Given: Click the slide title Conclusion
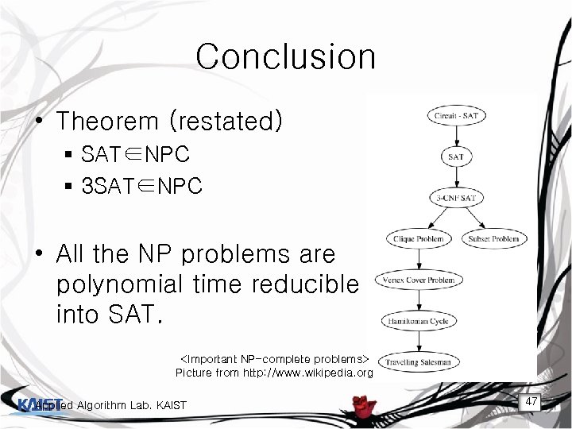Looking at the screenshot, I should pyautogui.click(x=285, y=56).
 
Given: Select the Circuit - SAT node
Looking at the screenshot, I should pyautogui.click(x=456, y=116).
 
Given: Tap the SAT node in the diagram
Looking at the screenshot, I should pyautogui.click(x=456, y=157).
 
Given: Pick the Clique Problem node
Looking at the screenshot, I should pyautogui.click(x=419, y=238).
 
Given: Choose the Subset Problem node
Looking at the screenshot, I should pyautogui.click(x=493, y=238).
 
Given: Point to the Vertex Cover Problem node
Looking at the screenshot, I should pyautogui.click(x=419, y=280).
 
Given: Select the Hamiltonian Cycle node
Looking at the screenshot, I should pyautogui.click(x=419, y=321).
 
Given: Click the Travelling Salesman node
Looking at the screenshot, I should pyautogui.click(x=419, y=362).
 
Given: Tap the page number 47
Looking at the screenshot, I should pyautogui.click(x=531, y=402).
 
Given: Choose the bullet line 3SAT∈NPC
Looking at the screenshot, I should pyautogui.click(x=141, y=187).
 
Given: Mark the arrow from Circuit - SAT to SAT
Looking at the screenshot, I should pyautogui.click(x=456, y=136).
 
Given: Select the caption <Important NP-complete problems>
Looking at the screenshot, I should pyautogui.click(x=276, y=357).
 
